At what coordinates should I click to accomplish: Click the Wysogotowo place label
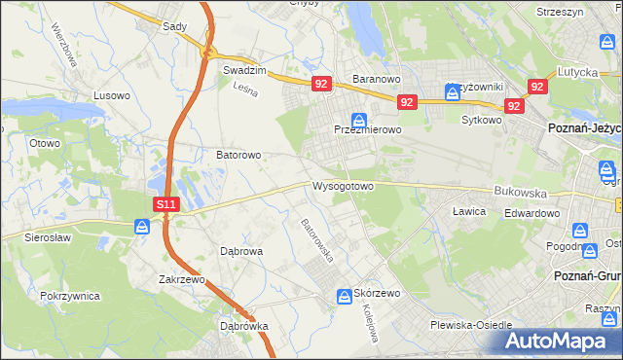click(x=343, y=186)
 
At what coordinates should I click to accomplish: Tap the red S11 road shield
click(x=166, y=204)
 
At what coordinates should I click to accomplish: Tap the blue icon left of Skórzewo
click(x=344, y=296)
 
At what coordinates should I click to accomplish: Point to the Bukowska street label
click(x=516, y=192)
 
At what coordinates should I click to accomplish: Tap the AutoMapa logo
click(x=559, y=342)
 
